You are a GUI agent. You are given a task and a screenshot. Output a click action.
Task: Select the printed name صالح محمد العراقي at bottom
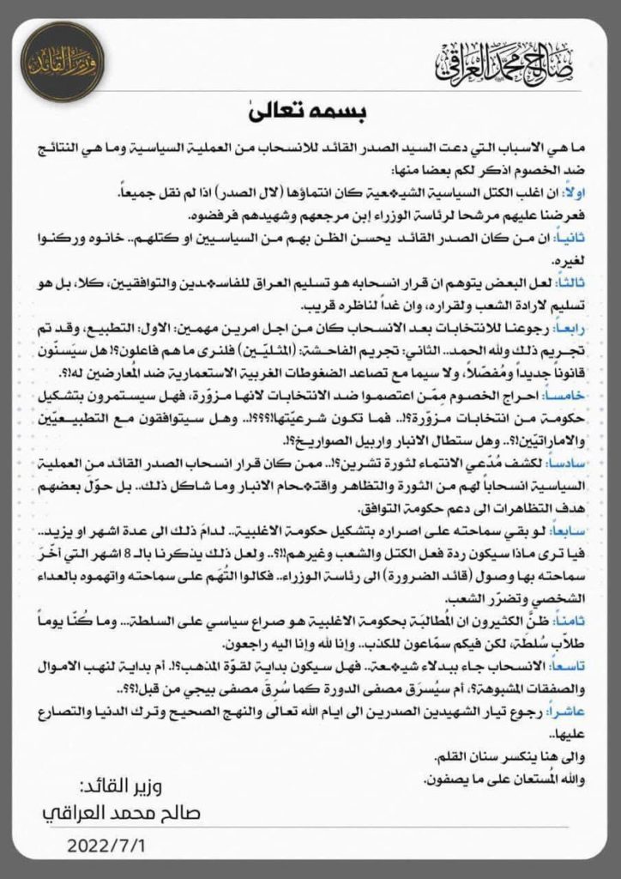coord(120,814)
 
